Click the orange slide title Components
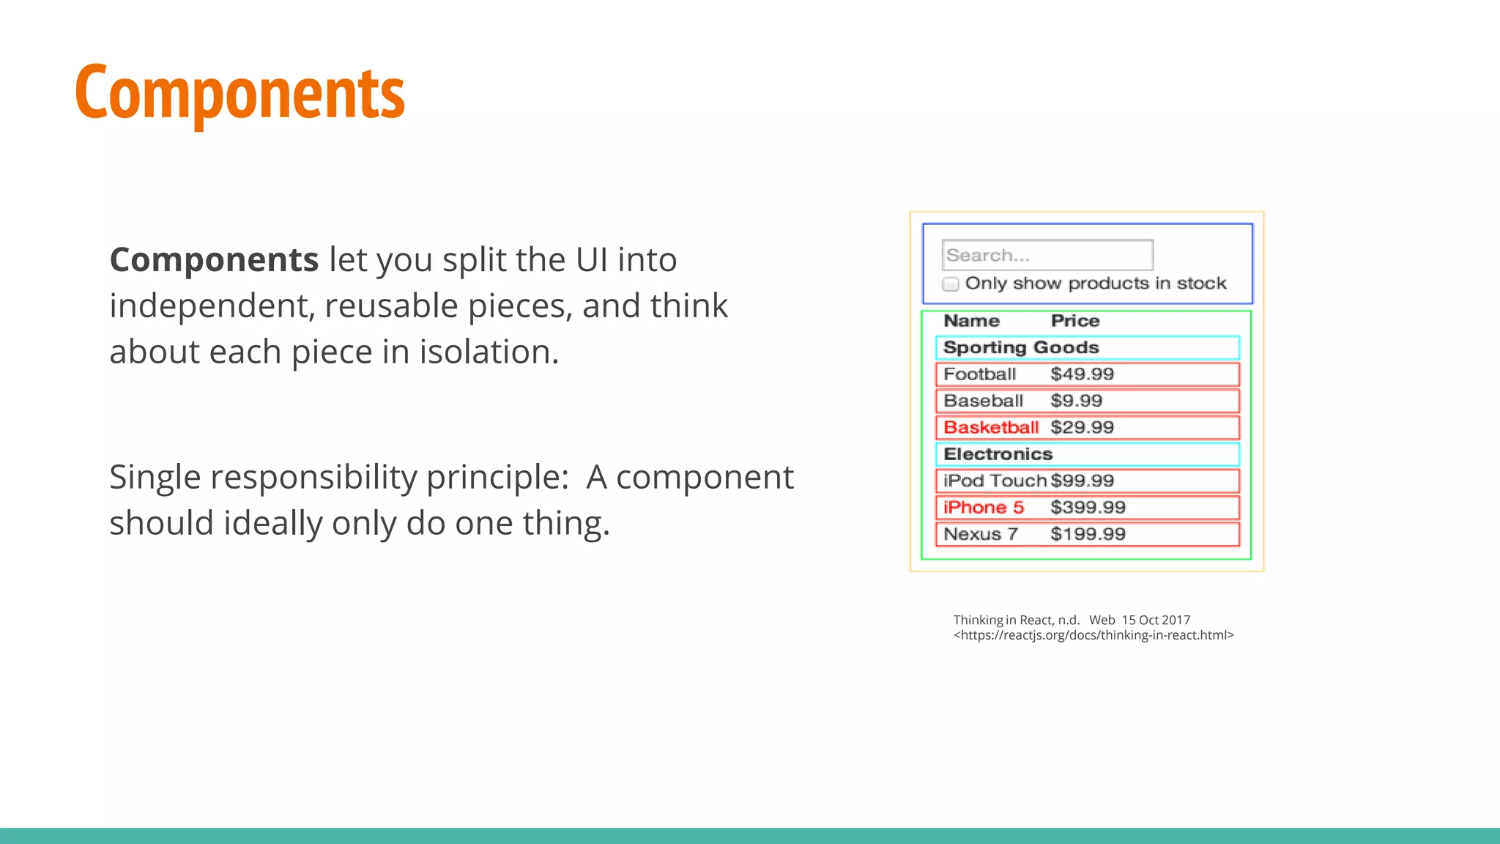pos(240,93)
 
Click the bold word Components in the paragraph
pos(214,260)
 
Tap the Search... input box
pos(1047,255)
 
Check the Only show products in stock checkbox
pos(951,284)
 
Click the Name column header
pos(971,321)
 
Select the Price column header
pos(1074,321)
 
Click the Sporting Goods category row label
pos(1021,347)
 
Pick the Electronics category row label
pos(998,454)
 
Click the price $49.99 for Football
pos(1082,374)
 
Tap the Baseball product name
pos(983,401)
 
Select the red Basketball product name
pos(990,428)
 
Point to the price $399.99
pos(1088,508)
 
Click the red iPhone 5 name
pos(983,508)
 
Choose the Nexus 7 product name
pos(980,534)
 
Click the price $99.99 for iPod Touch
pos(1082,481)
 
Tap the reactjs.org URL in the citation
pos(1093,635)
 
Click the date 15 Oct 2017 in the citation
pos(1156,620)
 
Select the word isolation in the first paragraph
pos(489,352)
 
